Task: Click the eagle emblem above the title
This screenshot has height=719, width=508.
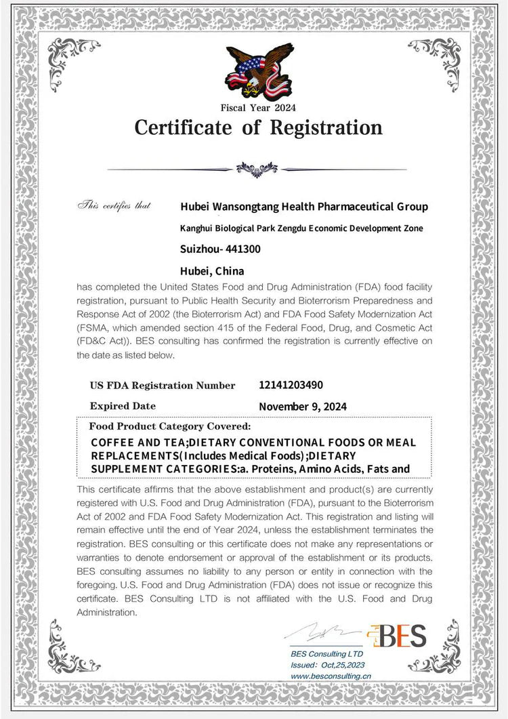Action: point(258,71)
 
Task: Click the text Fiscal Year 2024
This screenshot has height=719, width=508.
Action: point(258,107)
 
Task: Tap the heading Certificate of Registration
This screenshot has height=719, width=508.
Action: point(258,127)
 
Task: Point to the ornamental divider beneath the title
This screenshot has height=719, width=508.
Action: point(257,168)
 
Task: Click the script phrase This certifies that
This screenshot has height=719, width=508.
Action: point(114,205)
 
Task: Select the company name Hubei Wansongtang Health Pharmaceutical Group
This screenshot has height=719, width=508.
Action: point(304,206)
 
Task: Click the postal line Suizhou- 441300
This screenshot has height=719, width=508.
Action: point(220,249)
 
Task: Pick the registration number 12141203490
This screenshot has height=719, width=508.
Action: point(291,385)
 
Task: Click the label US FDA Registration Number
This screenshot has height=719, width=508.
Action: point(163,386)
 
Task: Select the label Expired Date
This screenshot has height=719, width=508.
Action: point(123,406)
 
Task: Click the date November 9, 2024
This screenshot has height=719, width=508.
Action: point(303,407)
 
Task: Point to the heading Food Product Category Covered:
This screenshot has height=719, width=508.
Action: point(170,426)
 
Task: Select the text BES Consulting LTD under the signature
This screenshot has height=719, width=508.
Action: point(327,654)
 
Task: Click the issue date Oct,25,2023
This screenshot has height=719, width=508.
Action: point(342,665)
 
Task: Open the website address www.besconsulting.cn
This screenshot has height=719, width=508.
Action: point(331,676)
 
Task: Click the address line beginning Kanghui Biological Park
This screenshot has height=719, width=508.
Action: point(301,228)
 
